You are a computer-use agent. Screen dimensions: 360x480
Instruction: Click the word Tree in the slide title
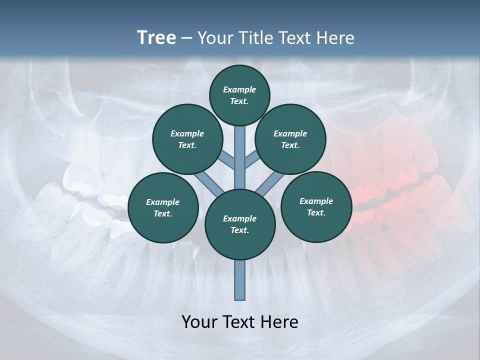tap(156, 38)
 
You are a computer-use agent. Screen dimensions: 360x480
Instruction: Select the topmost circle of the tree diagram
tap(239, 95)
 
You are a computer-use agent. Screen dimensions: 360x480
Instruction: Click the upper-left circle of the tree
tap(187, 139)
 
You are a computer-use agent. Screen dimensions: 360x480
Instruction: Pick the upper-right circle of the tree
tap(290, 139)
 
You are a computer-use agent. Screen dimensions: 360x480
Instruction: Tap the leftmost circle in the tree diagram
tap(163, 207)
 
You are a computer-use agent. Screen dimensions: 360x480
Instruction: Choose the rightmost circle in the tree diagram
tap(316, 206)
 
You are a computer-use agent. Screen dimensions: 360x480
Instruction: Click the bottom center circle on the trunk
tap(240, 224)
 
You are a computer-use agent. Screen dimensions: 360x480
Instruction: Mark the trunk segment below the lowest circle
tap(240, 280)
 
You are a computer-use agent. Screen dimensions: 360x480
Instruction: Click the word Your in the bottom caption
tap(199, 322)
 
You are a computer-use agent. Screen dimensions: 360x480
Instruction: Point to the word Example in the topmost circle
tap(239, 89)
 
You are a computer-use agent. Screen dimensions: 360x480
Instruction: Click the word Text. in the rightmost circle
tap(316, 212)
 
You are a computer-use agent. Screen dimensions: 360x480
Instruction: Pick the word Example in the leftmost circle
tap(162, 202)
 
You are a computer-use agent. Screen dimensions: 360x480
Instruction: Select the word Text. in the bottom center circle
tap(239, 230)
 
